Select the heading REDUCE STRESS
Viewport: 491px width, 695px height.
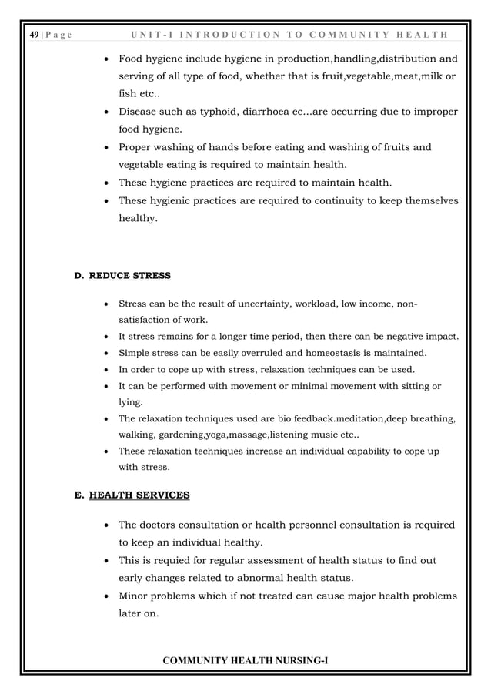(130, 275)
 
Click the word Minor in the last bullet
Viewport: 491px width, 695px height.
(136, 596)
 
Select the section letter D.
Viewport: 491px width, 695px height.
(78, 275)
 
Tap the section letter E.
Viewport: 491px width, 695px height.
(78, 495)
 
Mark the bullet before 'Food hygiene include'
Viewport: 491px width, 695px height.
(105, 59)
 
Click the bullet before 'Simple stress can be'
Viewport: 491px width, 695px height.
(105, 354)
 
